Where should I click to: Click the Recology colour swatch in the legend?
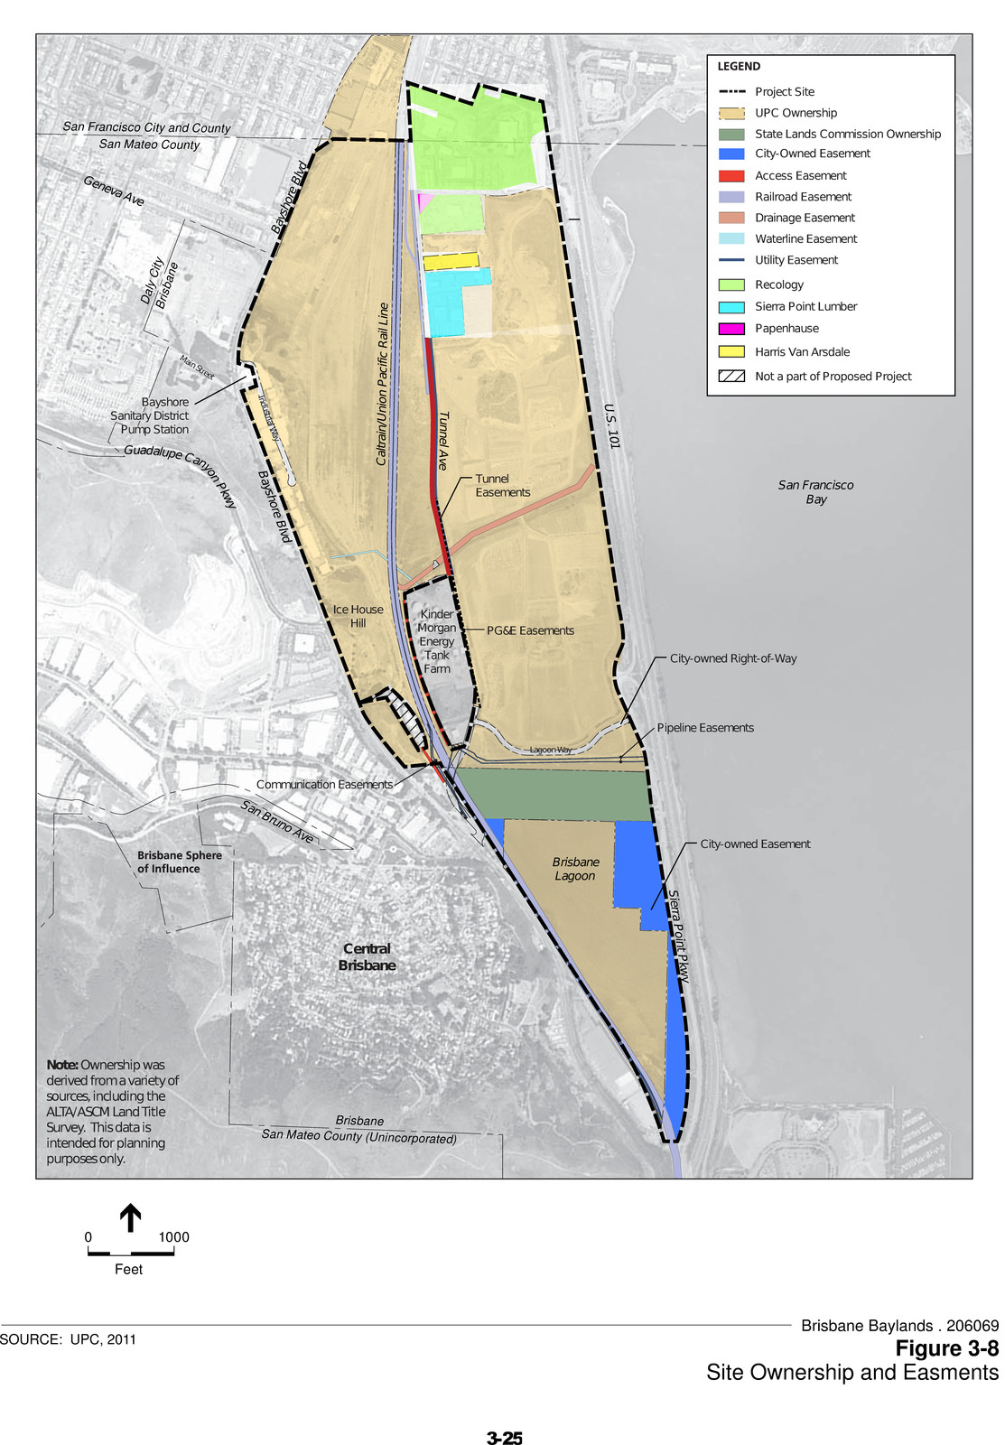tap(731, 284)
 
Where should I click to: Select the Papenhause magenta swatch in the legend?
tap(731, 329)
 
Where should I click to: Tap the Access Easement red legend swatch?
tap(731, 176)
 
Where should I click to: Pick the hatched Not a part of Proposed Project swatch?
tap(731, 377)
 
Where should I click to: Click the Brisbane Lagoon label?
tap(575, 869)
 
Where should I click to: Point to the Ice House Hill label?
tap(358, 616)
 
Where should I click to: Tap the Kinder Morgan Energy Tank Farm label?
tap(437, 641)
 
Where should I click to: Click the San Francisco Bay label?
tap(815, 492)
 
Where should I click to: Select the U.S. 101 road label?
tap(612, 426)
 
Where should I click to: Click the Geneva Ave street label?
tap(114, 191)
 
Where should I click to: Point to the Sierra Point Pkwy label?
tap(678, 937)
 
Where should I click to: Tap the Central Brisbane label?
tap(368, 957)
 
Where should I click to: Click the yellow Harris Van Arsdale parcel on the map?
tap(451, 261)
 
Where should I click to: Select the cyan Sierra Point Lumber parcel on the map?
tap(445, 303)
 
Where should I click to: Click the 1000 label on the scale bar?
tap(173, 1237)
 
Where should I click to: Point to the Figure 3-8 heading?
tap(946, 1348)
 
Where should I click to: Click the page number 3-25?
tap(504, 1438)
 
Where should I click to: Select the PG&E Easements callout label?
tap(530, 630)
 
